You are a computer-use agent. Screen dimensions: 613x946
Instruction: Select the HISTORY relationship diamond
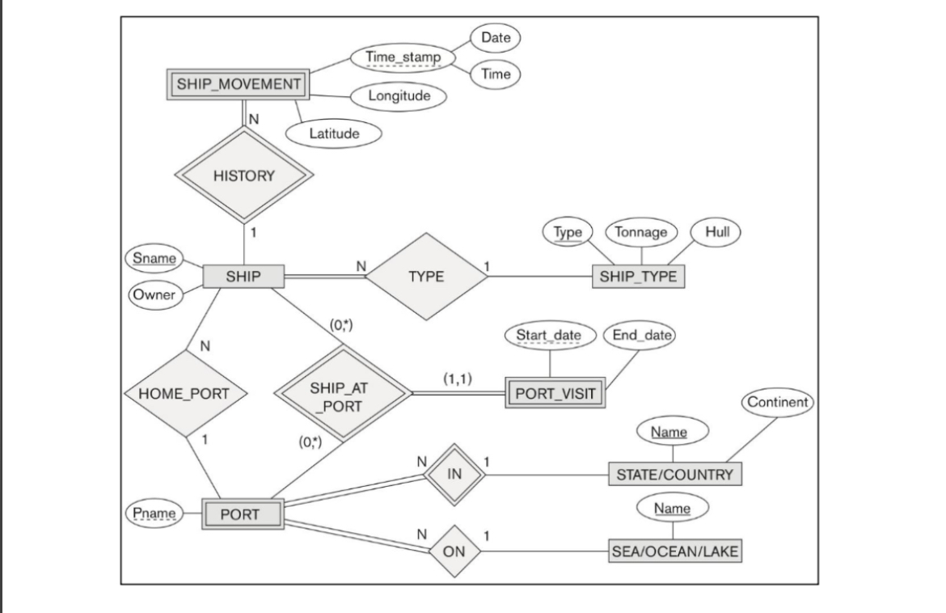243,175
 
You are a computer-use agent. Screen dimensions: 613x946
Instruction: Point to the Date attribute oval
496,37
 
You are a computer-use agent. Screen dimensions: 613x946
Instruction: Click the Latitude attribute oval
333,133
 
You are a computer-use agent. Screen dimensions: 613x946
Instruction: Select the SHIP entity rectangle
243,277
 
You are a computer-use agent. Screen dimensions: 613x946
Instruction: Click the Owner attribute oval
154,295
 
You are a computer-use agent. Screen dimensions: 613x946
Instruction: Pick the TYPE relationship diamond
426,277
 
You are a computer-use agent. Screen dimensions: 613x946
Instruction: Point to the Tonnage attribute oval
641,232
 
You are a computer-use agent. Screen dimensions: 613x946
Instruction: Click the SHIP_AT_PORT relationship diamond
344,395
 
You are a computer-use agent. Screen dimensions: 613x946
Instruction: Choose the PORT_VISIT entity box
555,395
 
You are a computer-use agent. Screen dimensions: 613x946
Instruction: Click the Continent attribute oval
777,402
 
